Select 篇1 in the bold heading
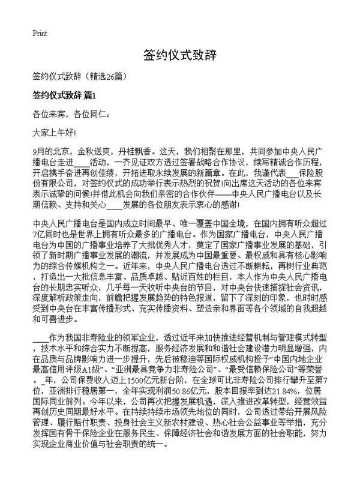pos(90,95)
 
